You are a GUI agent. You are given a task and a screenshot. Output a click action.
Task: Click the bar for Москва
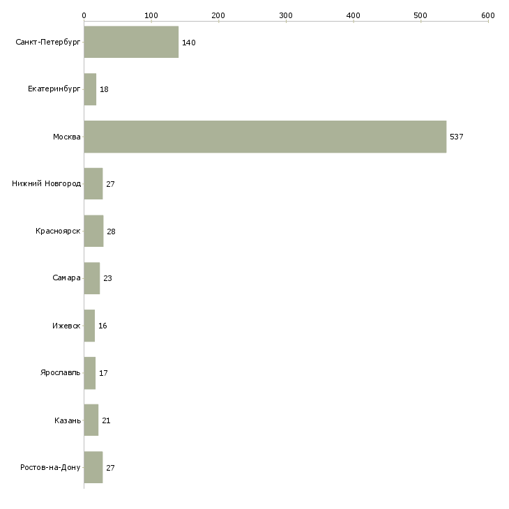coord(265,137)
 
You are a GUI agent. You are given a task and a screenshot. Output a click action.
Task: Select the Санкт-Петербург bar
coord(131,42)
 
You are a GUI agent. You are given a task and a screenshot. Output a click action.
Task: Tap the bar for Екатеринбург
coord(90,89)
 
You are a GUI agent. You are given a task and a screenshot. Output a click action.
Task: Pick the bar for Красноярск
coord(93,231)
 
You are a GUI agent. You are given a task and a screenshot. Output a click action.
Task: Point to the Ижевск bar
coord(89,326)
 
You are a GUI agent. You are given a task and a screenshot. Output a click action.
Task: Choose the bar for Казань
coord(91,420)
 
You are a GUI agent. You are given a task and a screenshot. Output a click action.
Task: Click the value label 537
coord(456,137)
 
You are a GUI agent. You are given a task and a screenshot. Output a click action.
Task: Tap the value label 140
coord(188,43)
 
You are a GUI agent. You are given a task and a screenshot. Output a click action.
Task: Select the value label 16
coord(102,326)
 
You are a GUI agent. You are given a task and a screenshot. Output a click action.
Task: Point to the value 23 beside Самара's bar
coord(107,278)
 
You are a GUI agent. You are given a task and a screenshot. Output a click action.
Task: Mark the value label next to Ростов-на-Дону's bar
coord(110,468)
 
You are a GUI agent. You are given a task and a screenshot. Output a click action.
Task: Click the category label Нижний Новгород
coord(46,184)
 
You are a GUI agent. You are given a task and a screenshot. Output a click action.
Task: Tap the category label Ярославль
coord(61,373)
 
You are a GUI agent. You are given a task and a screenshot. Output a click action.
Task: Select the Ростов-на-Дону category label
coord(51,468)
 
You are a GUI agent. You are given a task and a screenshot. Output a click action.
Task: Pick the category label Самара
coord(66,278)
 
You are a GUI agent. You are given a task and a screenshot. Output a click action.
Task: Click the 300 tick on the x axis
coord(286,15)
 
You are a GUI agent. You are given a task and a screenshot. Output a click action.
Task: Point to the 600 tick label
coord(487,15)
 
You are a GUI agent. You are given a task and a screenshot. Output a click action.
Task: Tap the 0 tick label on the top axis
coord(84,15)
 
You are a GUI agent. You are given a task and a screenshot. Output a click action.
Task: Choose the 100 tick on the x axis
coord(151,15)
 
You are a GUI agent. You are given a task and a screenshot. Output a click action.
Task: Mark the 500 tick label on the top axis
coord(420,15)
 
